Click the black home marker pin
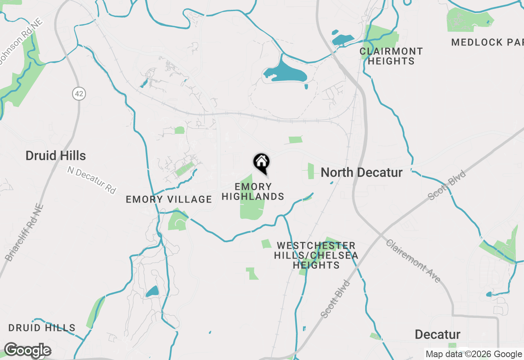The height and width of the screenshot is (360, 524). (x=261, y=162)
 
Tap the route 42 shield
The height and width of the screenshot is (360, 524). (x=79, y=94)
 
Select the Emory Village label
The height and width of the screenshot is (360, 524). (x=169, y=199)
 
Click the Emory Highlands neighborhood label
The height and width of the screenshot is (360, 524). (x=253, y=191)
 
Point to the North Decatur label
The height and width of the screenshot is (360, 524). (x=361, y=172)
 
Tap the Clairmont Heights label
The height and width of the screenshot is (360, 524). (x=391, y=56)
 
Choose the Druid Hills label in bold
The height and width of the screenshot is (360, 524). (x=56, y=155)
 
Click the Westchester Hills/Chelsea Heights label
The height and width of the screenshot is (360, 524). (x=316, y=255)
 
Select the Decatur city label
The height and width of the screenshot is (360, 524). (x=437, y=334)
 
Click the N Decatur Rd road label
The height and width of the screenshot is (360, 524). (x=92, y=180)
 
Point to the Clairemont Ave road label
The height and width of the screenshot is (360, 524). (x=413, y=261)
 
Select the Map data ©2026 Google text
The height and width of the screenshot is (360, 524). (x=474, y=354)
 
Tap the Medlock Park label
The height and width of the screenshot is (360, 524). (x=487, y=42)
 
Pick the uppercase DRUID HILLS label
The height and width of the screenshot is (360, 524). (x=42, y=328)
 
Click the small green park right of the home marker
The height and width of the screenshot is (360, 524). (x=310, y=171)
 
